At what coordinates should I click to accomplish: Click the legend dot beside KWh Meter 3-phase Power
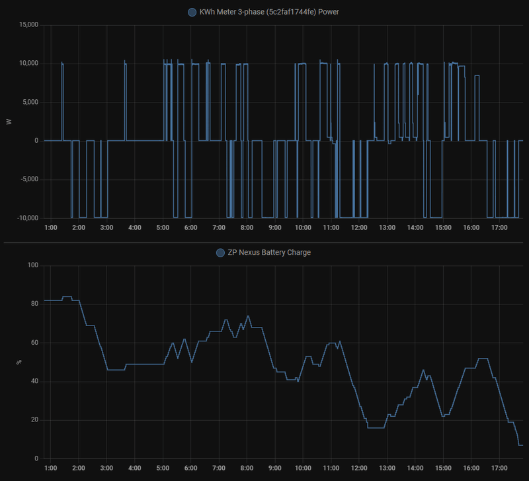[x=192, y=12]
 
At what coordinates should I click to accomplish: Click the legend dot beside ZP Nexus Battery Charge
[x=220, y=252]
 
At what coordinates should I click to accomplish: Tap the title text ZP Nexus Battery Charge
[x=269, y=252]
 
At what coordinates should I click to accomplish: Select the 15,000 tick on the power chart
[x=28, y=25]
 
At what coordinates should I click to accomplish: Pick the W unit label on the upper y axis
[x=9, y=122]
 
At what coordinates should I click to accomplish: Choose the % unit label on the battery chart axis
[x=18, y=363]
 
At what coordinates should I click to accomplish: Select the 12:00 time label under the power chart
[x=359, y=228]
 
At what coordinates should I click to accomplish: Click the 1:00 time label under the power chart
[x=50, y=228]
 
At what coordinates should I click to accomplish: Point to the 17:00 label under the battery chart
[x=499, y=468]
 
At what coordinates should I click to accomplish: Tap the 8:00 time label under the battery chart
[x=247, y=468]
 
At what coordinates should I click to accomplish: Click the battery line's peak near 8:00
[x=248, y=316]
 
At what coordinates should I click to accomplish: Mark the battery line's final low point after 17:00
[x=520, y=445]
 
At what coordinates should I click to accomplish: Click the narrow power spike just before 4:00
[x=125, y=62]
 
